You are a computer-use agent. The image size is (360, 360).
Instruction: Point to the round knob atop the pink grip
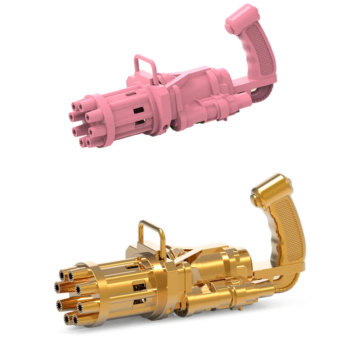(x=229, y=28)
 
